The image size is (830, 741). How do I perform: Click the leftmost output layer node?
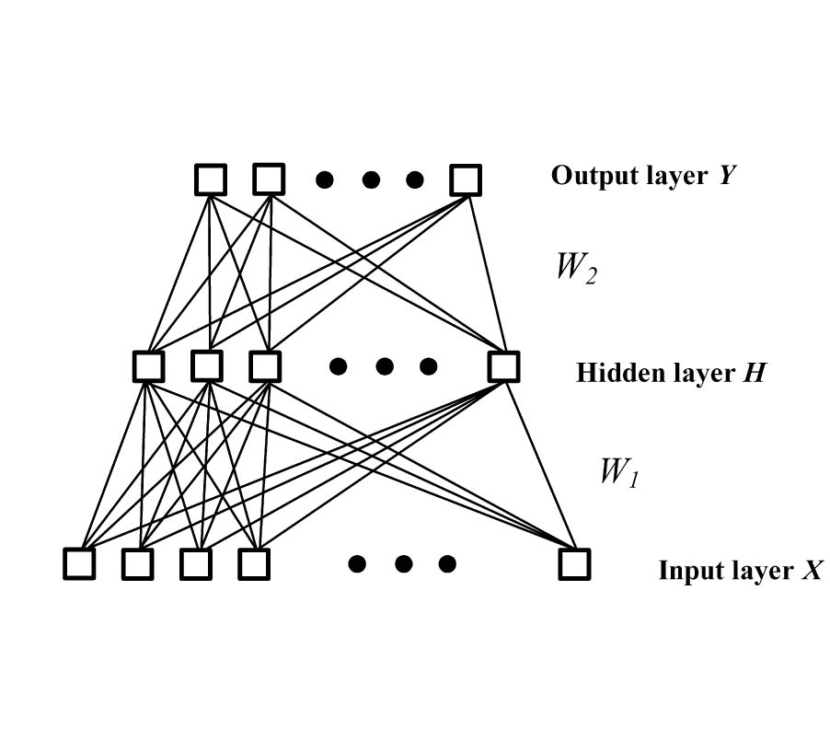(x=211, y=179)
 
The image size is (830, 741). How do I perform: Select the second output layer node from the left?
(x=269, y=179)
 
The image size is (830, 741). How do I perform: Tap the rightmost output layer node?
(x=466, y=179)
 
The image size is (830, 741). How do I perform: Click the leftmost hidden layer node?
(x=148, y=366)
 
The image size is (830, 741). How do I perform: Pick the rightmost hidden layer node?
(x=503, y=366)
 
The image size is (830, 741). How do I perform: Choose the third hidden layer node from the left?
(x=264, y=366)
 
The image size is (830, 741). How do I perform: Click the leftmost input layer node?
(x=79, y=563)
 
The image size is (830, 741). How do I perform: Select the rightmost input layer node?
(x=574, y=563)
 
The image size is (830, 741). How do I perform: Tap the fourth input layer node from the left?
(x=253, y=563)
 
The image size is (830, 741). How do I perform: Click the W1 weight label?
(x=618, y=471)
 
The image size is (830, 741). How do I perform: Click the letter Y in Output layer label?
(x=726, y=176)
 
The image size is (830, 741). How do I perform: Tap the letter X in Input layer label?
(x=811, y=571)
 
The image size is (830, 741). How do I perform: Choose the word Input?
(x=686, y=572)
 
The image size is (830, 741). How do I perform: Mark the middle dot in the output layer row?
(x=371, y=179)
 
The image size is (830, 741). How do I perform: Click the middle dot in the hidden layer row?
(x=385, y=366)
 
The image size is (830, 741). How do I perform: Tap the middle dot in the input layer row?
(x=403, y=563)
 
